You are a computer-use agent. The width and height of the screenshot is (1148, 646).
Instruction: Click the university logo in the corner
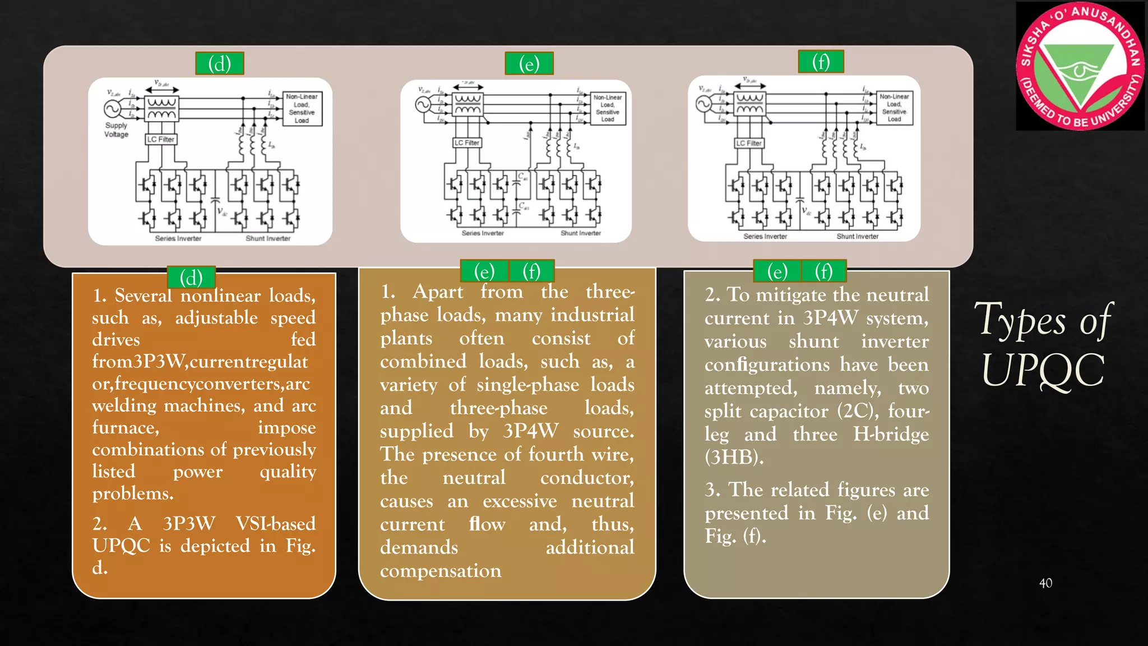point(1080,66)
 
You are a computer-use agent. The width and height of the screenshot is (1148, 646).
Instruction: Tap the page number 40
point(1045,583)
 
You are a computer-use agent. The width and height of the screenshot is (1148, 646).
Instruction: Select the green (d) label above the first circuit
point(219,63)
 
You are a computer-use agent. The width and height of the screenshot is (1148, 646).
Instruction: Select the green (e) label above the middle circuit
point(529,63)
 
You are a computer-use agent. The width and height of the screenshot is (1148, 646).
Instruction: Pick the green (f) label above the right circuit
point(821,62)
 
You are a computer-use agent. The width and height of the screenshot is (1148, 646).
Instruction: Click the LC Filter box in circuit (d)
point(161,139)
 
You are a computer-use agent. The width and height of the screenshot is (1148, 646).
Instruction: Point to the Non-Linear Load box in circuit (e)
point(608,108)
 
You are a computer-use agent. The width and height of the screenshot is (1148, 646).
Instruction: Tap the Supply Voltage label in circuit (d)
point(116,130)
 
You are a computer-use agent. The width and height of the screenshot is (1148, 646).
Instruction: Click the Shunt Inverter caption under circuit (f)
point(857,237)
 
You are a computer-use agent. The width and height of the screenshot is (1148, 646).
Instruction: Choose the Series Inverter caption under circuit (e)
point(483,233)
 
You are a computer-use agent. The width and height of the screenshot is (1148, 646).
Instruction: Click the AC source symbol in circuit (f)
point(703,104)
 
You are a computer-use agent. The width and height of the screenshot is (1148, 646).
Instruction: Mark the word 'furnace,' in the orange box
point(126,428)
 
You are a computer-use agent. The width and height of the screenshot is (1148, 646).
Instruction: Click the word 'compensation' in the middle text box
point(441,571)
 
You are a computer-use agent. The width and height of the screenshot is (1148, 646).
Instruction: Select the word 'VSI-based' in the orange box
point(275,524)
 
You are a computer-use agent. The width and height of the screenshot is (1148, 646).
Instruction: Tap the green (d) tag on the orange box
point(191,277)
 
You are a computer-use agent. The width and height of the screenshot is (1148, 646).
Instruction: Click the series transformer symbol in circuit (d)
point(162,109)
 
